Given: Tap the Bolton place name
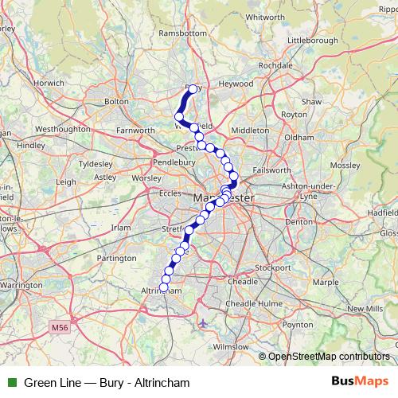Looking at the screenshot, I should click(x=116, y=102).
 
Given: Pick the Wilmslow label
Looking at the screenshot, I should click(x=231, y=348).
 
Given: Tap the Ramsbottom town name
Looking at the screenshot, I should click(x=183, y=33).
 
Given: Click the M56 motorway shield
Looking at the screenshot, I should click(x=59, y=327).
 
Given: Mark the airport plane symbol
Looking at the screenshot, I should click(x=205, y=323).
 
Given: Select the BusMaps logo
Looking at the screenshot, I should click(x=365, y=381).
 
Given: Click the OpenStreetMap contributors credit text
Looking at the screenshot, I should click(x=328, y=356).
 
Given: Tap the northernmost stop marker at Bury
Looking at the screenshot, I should click(x=193, y=90).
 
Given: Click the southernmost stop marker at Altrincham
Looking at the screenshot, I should click(x=165, y=287).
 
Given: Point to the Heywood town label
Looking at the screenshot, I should click(x=236, y=84).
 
